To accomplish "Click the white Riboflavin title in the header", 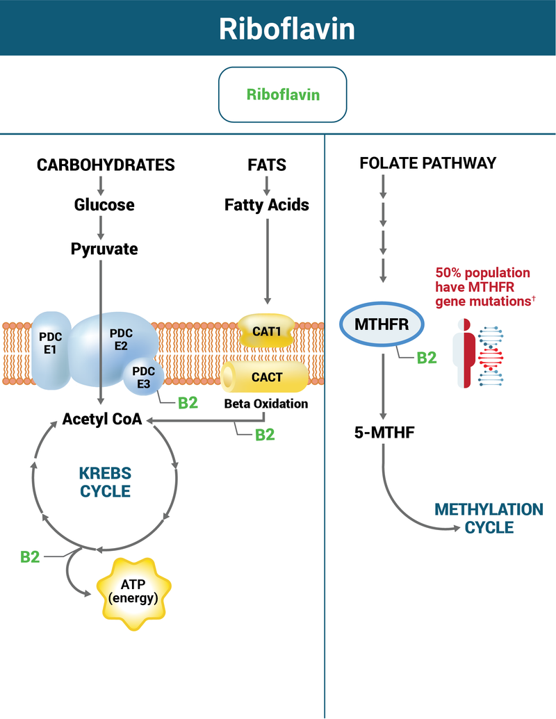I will coord(277,29).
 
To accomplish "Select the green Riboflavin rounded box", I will coord(282,94).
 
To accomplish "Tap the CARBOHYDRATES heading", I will coord(106,165).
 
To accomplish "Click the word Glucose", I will coord(104,205).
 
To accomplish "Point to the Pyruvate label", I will coord(104,248).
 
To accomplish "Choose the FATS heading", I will coord(267,165).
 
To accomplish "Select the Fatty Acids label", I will coord(267,205).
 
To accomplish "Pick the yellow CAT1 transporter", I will coord(266,331).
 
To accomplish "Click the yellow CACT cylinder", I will coord(266,377).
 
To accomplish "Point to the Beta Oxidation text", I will coord(266,404).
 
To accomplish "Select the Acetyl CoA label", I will coord(102,419).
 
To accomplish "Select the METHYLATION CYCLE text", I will coord(489,518).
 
